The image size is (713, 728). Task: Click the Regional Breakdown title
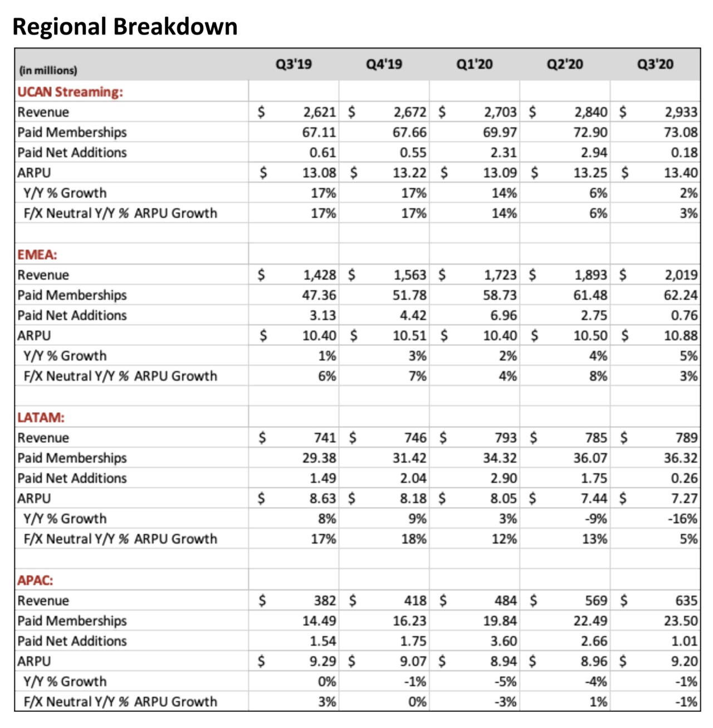pos(125,27)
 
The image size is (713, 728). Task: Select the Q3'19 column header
pos(294,64)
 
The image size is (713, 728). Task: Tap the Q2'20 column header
pos(565,64)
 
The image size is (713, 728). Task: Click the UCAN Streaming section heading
pos(70,92)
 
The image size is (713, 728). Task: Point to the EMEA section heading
pos(37,255)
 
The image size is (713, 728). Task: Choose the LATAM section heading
pos(41,417)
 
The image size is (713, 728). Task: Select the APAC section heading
pos(35,580)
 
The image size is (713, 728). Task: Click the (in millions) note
pos(48,71)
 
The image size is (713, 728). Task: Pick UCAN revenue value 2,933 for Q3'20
pos(681,112)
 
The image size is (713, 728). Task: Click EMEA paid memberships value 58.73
pos(500,295)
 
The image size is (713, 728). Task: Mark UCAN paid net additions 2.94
pos(594,153)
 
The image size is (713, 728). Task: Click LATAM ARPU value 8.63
pos(323,499)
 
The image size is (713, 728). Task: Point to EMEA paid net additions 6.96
pos(504,315)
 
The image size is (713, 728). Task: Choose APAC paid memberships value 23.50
pos(681,621)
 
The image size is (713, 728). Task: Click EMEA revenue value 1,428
pos(320,275)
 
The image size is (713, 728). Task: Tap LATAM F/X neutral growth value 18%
pos(414,539)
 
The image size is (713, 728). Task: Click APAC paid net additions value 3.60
pos(504,641)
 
